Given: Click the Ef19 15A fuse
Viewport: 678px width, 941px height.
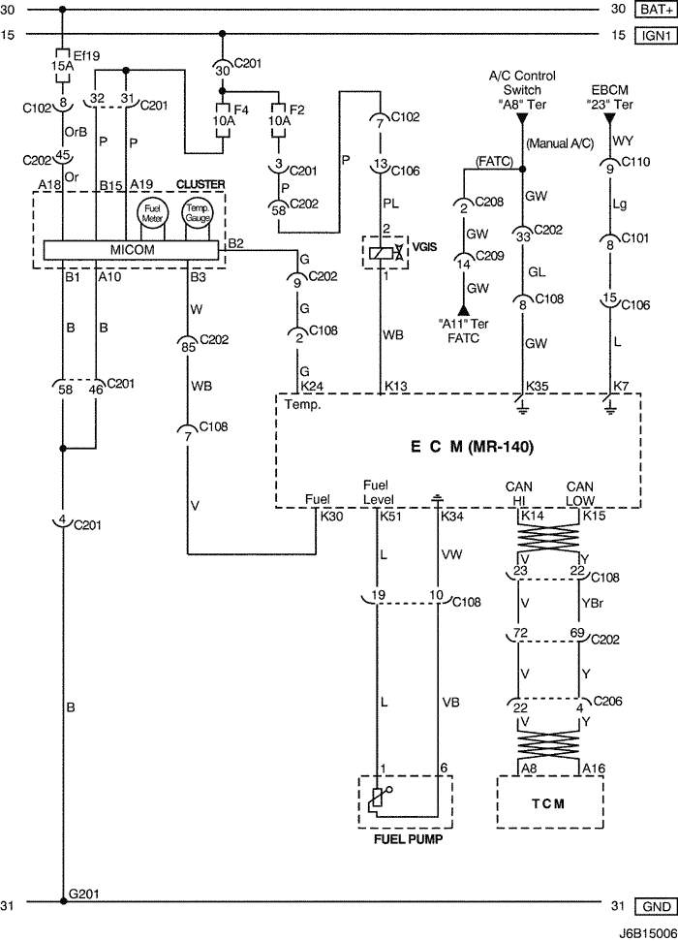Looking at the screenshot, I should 62,61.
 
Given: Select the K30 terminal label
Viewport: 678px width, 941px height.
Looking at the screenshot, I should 331,518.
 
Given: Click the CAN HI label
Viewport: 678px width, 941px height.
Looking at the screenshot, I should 519,491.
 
